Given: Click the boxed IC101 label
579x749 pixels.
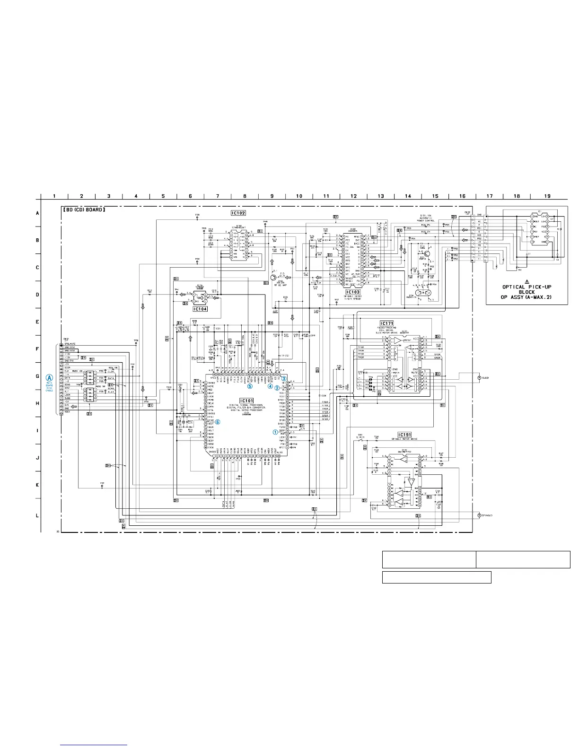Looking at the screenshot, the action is coord(247,400).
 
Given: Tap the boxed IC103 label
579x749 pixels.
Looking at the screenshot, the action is coord(353,292).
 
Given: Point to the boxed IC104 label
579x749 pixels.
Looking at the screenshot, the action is coord(200,309).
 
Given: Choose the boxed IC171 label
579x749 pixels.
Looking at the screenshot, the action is coord(386,323).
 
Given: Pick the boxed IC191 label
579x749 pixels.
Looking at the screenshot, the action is coord(404,435).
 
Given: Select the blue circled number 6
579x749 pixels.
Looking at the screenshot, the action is coord(218,422).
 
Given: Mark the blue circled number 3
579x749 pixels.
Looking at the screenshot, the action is coord(284,378).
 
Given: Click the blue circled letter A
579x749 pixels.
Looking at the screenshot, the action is coord(50,378).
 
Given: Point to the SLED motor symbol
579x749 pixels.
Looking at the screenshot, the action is coord(479,378).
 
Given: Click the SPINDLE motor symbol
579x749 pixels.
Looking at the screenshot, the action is coord(479,515).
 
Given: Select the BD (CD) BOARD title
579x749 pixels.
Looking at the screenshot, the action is coord(84,209).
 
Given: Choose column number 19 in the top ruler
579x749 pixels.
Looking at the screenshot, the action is coord(547,196).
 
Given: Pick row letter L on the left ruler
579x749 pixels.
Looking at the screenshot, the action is coord(37,515).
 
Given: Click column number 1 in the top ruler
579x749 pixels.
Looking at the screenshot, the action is coord(54,196).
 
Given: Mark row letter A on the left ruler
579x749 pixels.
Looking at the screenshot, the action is coord(37,213).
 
